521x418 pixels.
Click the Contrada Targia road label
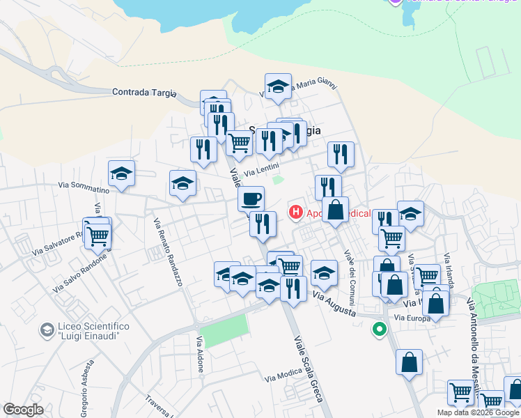point(144,93)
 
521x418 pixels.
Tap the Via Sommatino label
point(84,187)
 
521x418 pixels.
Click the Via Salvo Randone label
point(81,272)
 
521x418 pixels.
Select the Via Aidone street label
point(200,353)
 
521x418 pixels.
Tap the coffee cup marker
point(251,199)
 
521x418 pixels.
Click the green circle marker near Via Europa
point(380,329)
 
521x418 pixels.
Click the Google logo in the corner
point(23,410)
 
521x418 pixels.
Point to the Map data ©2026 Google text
point(478,412)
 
